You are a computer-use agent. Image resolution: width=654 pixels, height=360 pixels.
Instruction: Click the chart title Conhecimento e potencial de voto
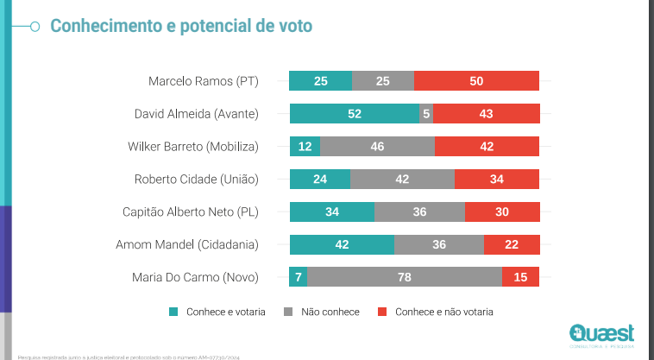click(x=181, y=26)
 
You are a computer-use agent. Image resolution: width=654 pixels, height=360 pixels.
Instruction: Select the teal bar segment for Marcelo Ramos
click(x=320, y=81)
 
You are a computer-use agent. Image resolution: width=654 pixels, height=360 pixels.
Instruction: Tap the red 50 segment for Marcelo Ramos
click(x=476, y=81)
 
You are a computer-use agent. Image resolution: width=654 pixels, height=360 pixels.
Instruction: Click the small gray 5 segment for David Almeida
click(x=426, y=114)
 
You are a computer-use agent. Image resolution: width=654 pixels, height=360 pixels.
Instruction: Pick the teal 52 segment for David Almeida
click(x=355, y=114)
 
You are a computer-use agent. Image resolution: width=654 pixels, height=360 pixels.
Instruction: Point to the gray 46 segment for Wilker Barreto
click(x=377, y=147)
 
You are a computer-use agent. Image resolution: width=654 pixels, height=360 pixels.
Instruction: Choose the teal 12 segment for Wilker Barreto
click(x=305, y=147)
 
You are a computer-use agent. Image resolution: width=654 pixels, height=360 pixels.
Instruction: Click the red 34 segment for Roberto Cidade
click(x=497, y=180)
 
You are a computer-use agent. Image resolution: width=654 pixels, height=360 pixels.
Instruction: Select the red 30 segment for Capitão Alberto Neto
click(x=502, y=212)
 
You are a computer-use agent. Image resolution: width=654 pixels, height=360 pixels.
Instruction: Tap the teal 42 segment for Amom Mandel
click(x=342, y=245)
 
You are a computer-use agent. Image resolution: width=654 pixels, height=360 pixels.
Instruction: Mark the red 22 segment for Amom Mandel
click(x=512, y=245)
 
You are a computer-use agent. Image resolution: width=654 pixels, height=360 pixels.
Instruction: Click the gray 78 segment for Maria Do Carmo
click(x=405, y=277)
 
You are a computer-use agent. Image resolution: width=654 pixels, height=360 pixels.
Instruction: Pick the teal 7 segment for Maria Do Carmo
click(x=299, y=277)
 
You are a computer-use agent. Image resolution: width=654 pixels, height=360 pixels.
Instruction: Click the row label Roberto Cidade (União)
click(x=197, y=180)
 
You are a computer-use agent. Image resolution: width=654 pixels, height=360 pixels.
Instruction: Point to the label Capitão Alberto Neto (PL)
click(x=190, y=212)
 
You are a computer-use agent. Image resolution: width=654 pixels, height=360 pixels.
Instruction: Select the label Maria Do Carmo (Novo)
click(x=195, y=277)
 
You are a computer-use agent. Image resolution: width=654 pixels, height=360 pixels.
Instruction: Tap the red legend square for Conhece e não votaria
click(x=382, y=312)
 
